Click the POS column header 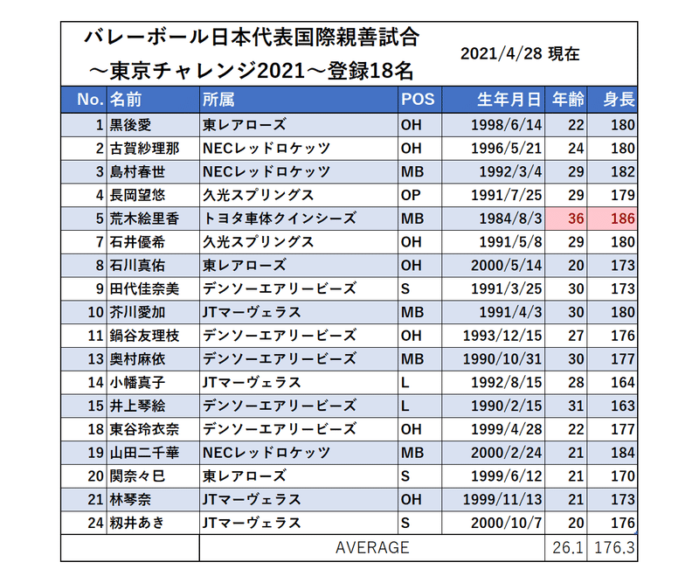(418, 100)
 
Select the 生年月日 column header (509, 100)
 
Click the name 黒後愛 (130, 125)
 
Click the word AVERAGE (371, 547)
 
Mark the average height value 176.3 (614, 548)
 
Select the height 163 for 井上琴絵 (623, 406)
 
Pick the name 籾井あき (138, 523)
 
